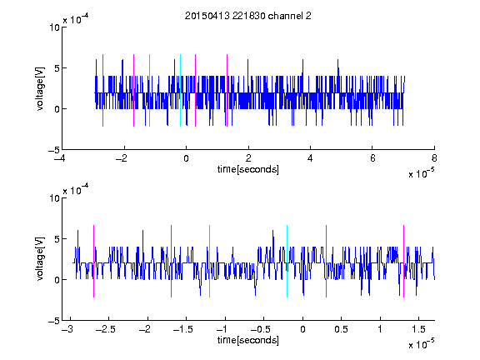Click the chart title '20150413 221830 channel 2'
click(x=248, y=16)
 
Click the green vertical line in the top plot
click(x=149, y=90)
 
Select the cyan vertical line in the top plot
click(x=180, y=90)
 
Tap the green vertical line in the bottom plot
click(x=209, y=261)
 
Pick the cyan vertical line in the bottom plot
click(x=287, y=261)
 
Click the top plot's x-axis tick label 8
click(x=434, y=158)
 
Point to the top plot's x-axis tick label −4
click(x=60, y=158)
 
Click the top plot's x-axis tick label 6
click(x=372, y=158)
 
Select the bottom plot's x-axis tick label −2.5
click(x=106, y=329)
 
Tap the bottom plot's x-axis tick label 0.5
click(x=341, y=329)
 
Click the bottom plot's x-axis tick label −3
click(x=67, y=329)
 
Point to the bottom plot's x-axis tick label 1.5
click(x=418, y=329)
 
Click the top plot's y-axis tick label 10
click(x=54, y=27)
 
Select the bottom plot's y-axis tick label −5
click(x=54, y=321)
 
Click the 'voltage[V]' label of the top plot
click(x=40, y=88)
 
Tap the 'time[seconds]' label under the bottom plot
click(x=248, y=340)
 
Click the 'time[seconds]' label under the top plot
click(x=248, y=169)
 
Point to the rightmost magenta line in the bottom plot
click(x=403, y=261)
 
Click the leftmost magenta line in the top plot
click(x=102, y=90)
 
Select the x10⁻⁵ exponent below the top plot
click(x=421, y=173)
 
